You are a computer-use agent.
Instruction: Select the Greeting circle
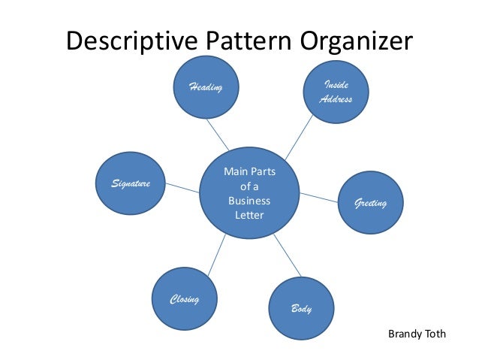click(x=372, y=204)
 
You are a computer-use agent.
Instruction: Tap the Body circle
click(x=301, y=308)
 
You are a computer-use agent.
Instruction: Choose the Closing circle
click(x=183, y=300)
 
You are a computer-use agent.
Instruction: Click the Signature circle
click(x=131, y=183)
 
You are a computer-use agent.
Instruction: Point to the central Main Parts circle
click(x=249, y=195)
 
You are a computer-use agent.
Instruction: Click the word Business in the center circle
click(x=249, y=201)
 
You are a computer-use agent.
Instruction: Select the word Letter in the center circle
click(x=249, y=216)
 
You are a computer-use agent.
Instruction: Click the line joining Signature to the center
click(x=180, y=186)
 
